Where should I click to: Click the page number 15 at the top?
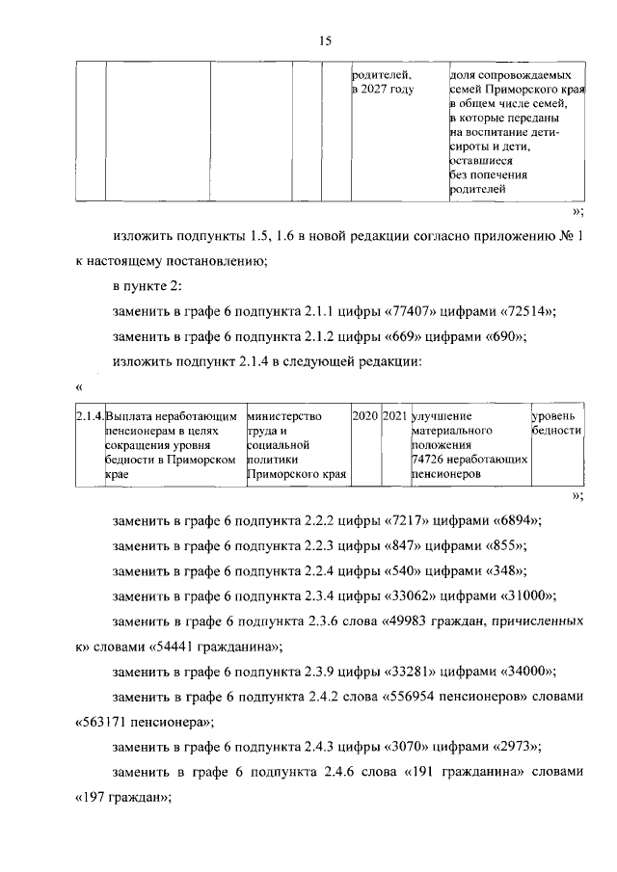[x=325, y=40]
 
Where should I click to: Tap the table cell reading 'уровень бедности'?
[x=556, y=423]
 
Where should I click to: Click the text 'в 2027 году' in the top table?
[x=383, y=89]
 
